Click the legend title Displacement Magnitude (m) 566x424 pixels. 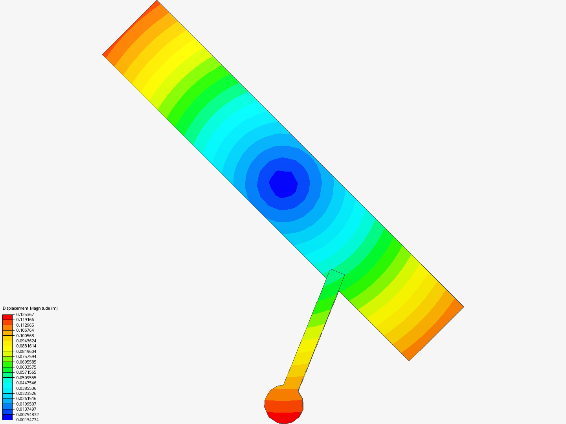pos(30,308)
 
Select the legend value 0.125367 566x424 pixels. pos(25,314)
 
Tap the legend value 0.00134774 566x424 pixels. pos(28,420)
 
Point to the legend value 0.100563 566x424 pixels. pos(25,336)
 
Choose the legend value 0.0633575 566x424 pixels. pos(26,367)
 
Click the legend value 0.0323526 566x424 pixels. pos(26,393)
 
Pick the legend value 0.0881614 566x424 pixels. pos(26,346)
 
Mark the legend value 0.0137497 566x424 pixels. pos(26,409)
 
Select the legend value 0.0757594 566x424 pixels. pos(26,356)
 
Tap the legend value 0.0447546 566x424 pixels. pos(26,383)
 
